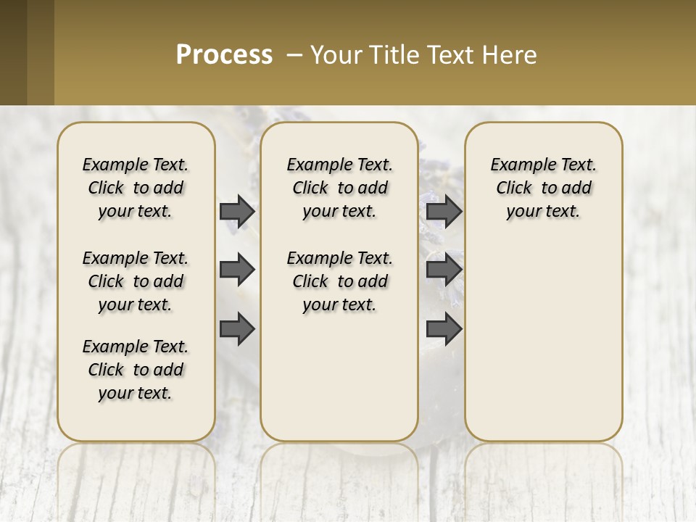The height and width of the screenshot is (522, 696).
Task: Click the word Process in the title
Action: (224, 55)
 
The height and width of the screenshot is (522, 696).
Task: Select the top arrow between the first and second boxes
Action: (237, 211)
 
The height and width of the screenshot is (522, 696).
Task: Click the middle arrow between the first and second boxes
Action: (237, 270)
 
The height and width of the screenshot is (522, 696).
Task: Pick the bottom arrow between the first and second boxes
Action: (237, 328)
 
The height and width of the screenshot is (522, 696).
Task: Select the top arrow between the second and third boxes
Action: (444, 211)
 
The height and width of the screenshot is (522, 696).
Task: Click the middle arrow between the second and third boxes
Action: (444, 270)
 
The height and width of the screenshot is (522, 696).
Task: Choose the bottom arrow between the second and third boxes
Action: (444, 328)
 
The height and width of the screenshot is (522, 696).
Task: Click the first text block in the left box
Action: (136, 188)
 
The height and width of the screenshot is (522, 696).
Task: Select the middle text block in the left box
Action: (136, 281)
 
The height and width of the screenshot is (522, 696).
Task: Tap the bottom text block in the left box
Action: (136, 370)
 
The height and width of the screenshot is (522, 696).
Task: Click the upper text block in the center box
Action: (339, 188)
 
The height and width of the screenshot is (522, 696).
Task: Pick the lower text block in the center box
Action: (339, 281)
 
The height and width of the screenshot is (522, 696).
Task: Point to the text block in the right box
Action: (543, 188)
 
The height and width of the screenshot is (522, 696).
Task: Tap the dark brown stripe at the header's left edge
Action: (13, 52)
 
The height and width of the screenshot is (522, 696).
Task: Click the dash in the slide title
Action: (294, 55)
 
